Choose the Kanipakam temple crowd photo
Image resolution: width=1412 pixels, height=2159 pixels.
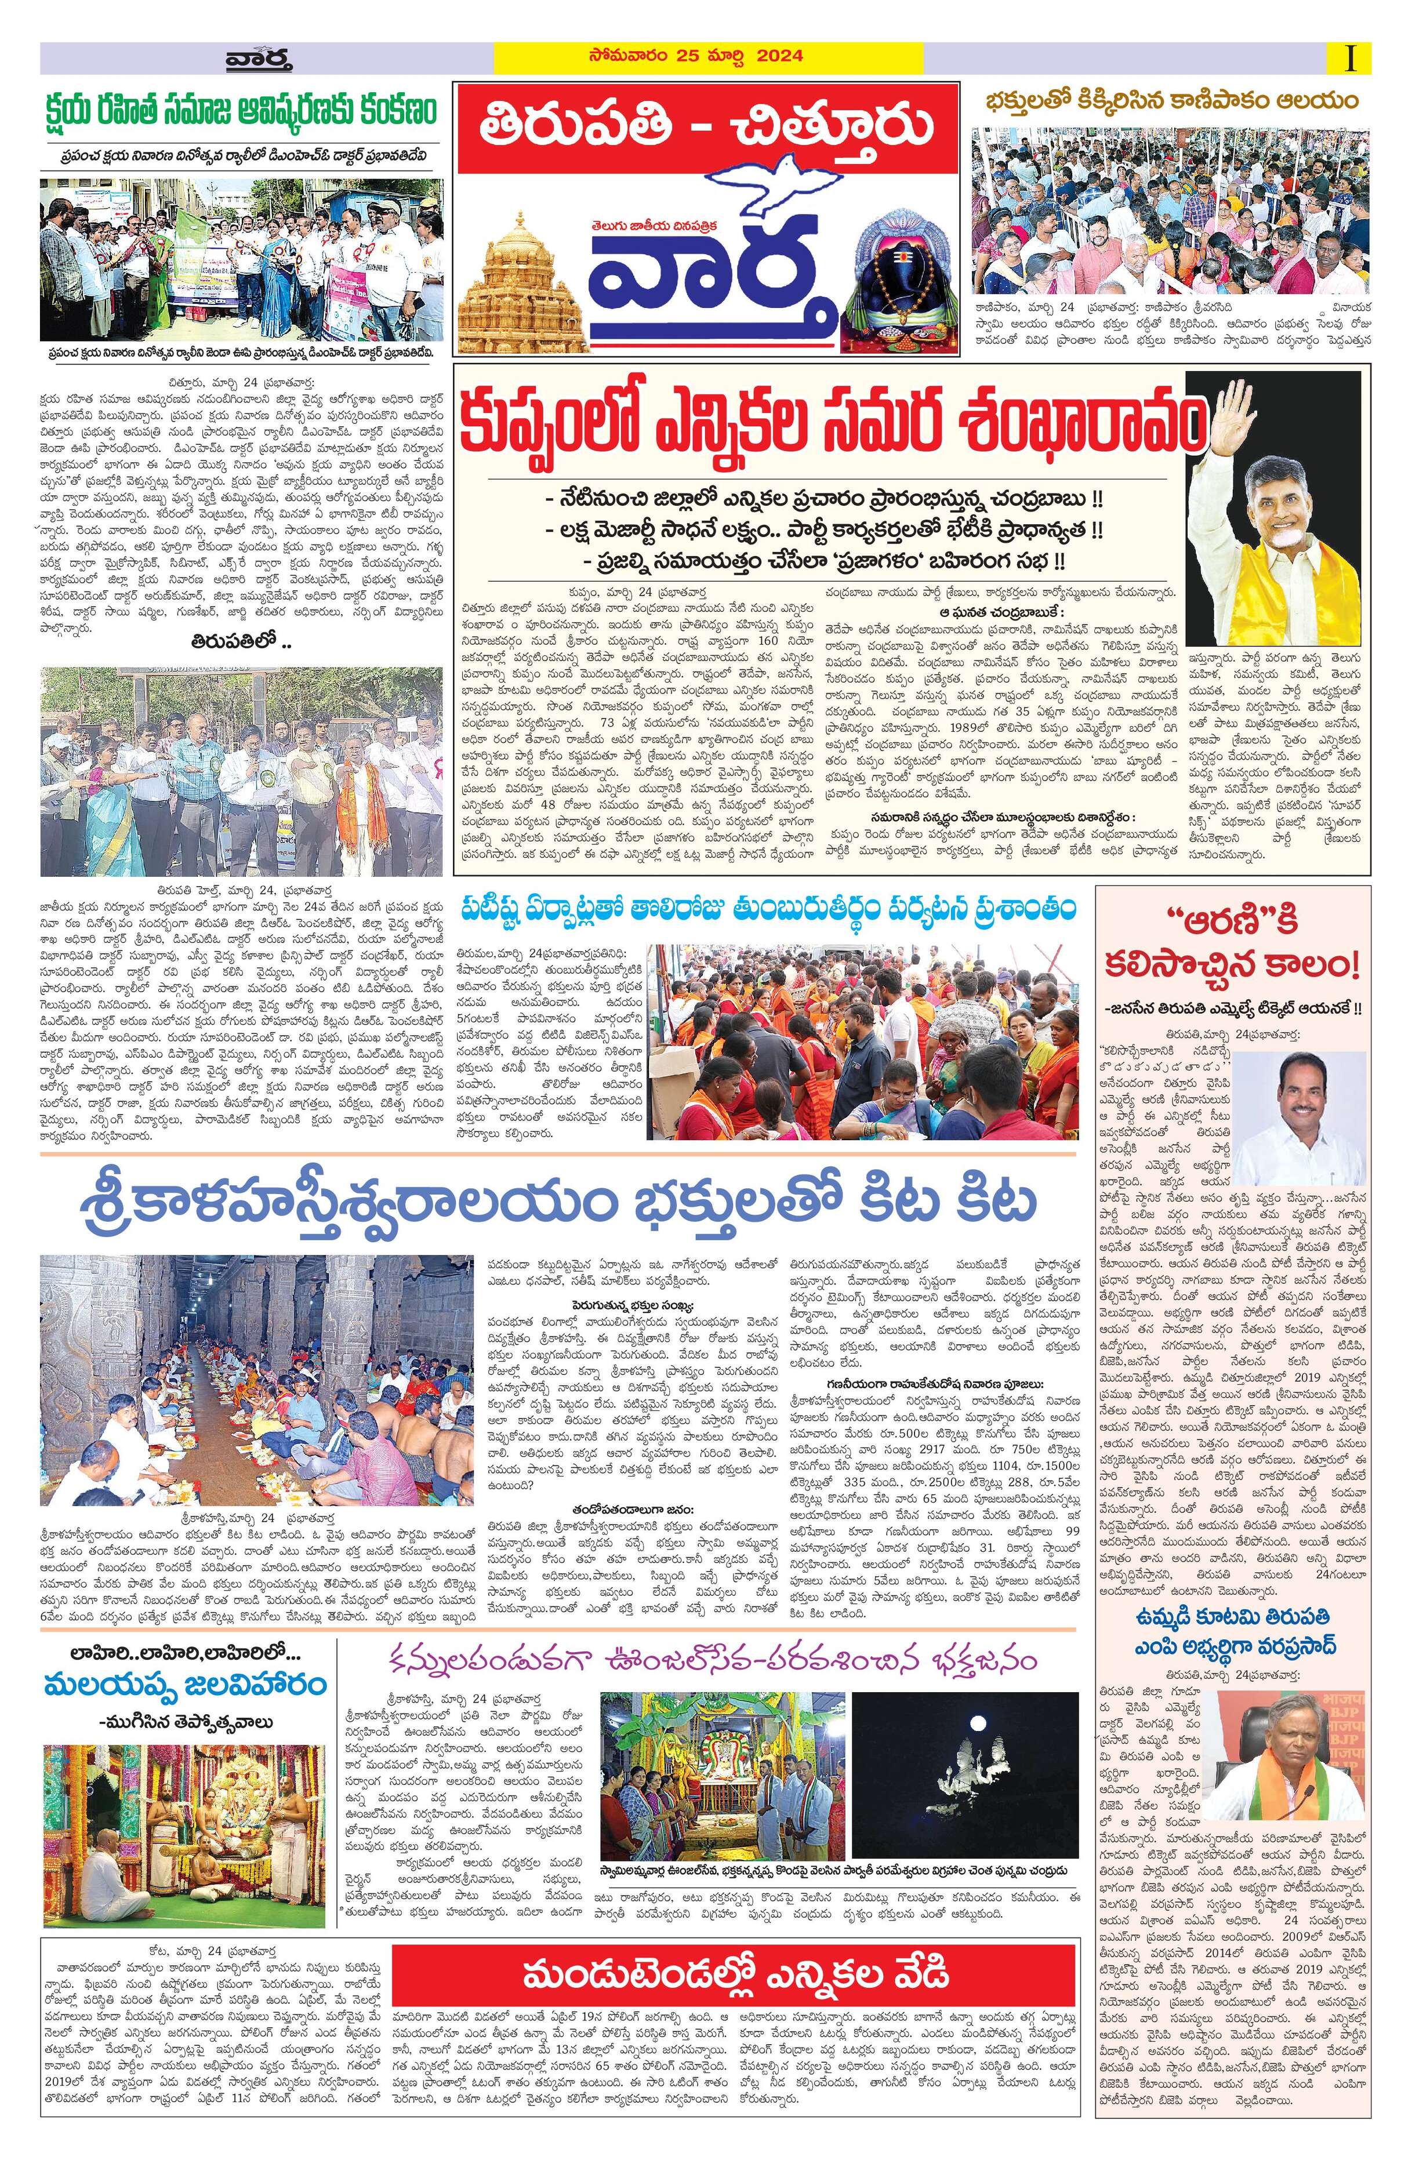point(1172,209)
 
